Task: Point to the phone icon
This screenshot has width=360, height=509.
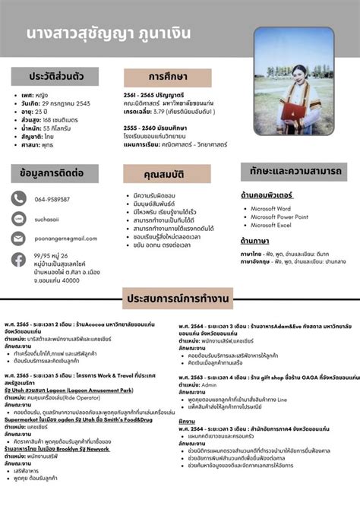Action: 19,199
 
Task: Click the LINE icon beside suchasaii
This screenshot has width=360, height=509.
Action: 19,219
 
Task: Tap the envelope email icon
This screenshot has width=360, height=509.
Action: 19,239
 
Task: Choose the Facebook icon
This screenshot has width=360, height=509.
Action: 19,260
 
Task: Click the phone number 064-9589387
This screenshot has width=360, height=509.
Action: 52,199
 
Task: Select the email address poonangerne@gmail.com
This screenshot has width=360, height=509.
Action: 66,239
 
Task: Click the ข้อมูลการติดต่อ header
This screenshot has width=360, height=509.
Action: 52,173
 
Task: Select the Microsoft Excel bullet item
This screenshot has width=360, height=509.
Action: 270,226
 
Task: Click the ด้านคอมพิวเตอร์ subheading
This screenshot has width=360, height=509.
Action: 267,195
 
